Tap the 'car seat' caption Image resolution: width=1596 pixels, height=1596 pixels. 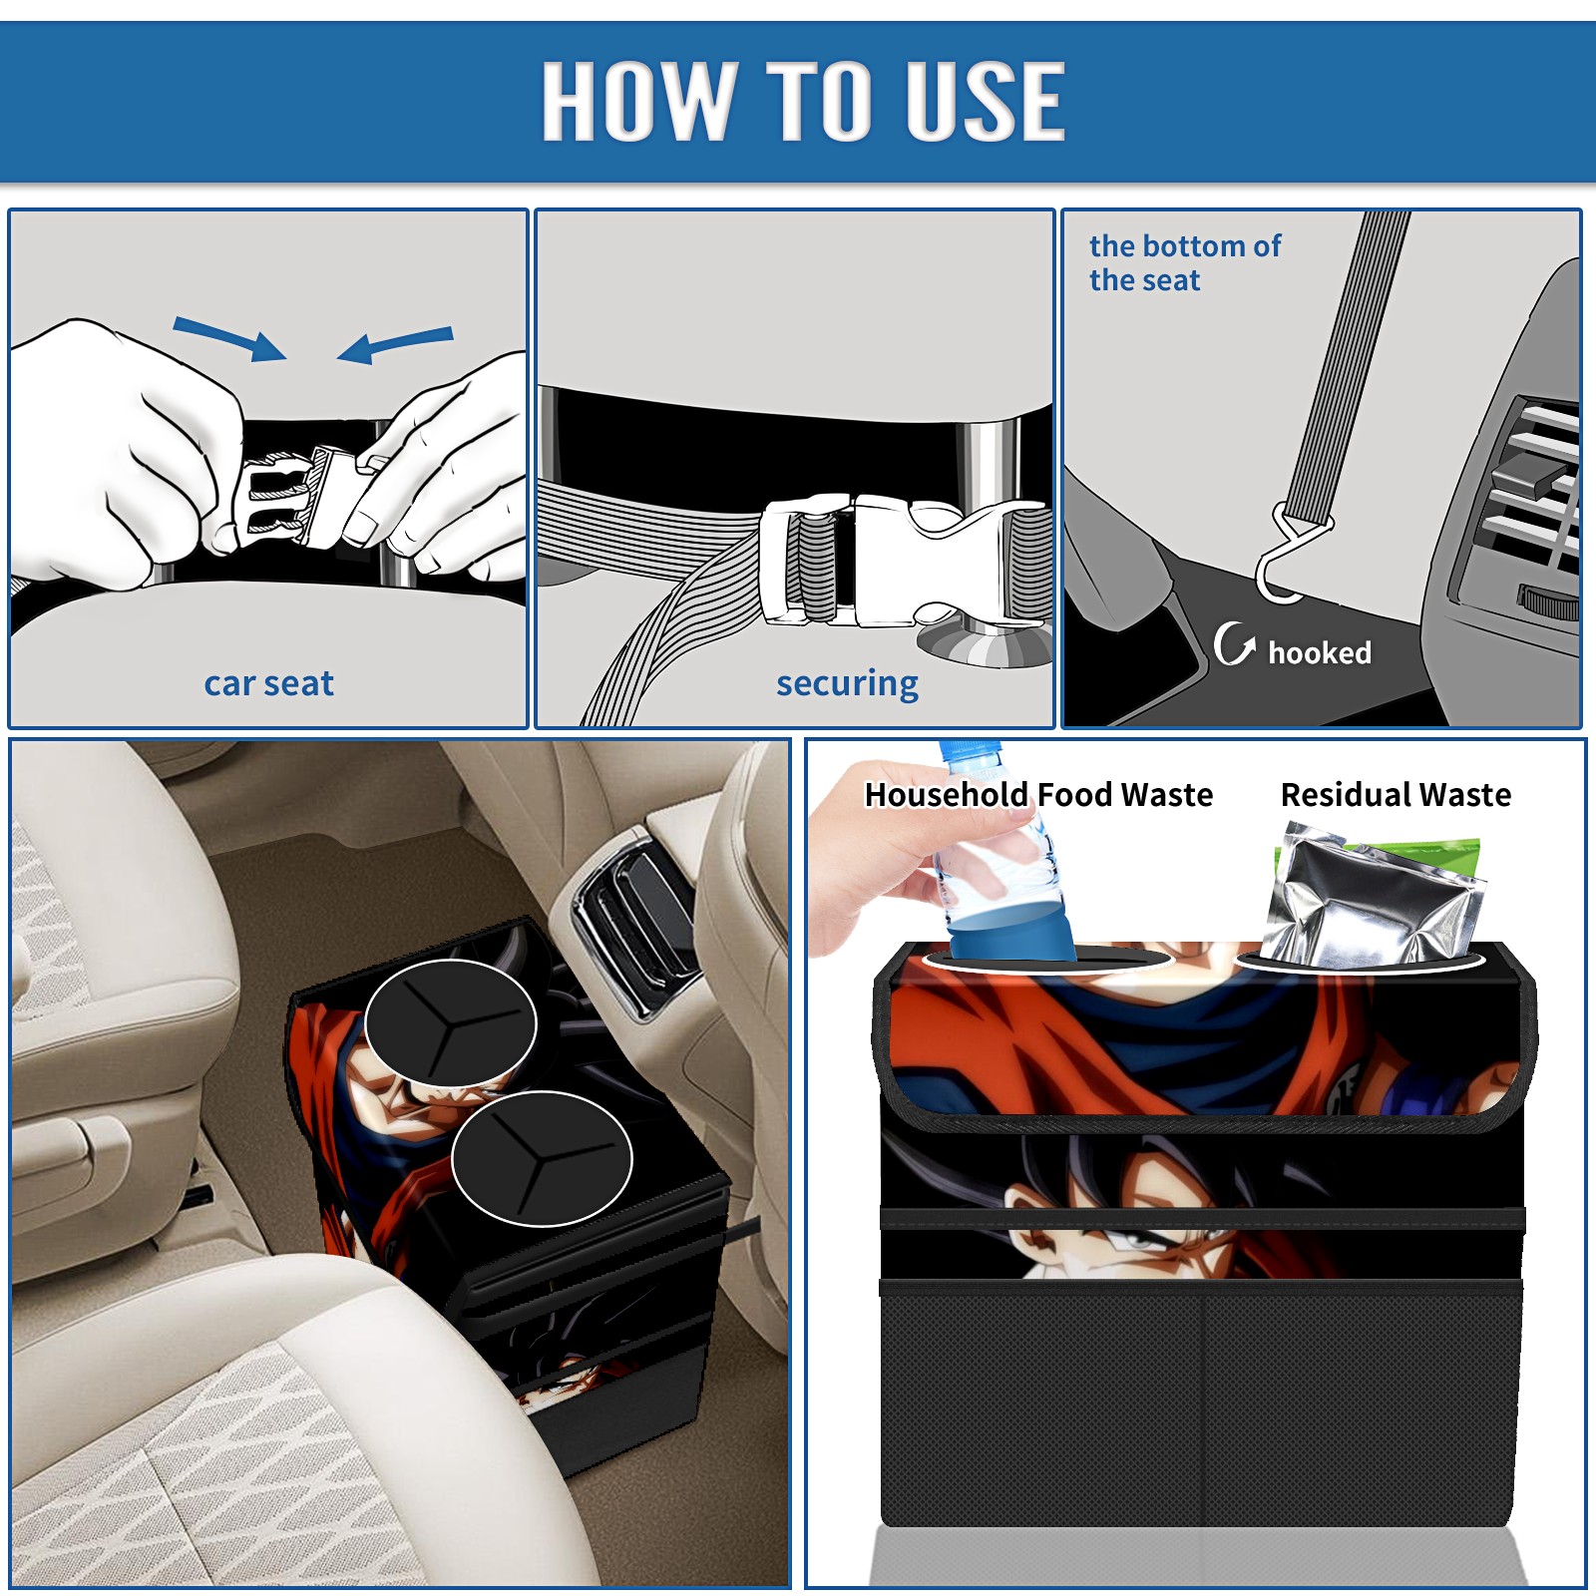point(268,683)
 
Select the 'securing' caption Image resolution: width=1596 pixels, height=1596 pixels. point(847,684)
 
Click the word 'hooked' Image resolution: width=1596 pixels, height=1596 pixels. point(1320,652)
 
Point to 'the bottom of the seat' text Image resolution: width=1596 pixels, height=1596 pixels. point(1184,262)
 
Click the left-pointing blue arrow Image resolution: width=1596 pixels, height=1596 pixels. point(395,344)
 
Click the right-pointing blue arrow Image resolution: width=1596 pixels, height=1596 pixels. point(229,338)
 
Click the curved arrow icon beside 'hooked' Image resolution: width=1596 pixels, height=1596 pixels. point(1234,644)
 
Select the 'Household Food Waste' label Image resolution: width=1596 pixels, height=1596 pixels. point(1038,794)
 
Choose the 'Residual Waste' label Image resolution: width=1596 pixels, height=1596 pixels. point(1396,794)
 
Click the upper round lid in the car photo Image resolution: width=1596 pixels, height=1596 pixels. point(450,1023)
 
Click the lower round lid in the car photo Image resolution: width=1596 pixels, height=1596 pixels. point(542,1158)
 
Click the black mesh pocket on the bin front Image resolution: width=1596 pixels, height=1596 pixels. point(1201,1406)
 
